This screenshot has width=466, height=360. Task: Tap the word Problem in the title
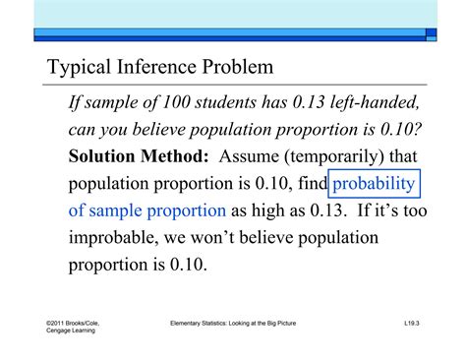click(x=237, y=70)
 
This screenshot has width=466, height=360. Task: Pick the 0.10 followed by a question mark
click(x=398, y=130)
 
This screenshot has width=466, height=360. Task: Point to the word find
click(x=309, y=184)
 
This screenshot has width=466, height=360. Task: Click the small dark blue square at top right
click(x=431, y=32)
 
